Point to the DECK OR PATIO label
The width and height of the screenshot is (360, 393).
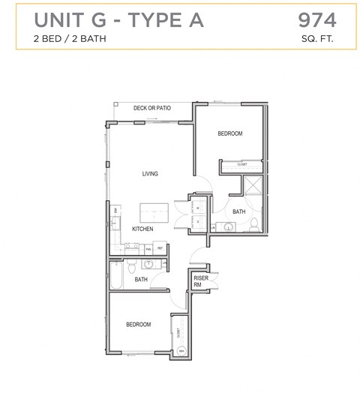pyautogui.click(x=152, y=108)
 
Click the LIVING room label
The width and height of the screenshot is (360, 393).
pyautogui.click(x=150, y=174)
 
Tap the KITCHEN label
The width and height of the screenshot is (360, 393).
pyautogui.click(x=142, y=229)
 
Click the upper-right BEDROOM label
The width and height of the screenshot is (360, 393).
pyautogui.click(x=229, y=133)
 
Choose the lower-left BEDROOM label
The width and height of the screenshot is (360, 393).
pyautogui.click(x=138, y=325)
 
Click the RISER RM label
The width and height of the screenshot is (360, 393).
pyautogui.click(x=199, y=281)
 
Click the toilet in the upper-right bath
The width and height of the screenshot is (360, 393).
pyautogui.click(x=253, y=224)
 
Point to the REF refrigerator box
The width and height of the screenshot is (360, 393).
pyautogui.click(x=160, y=247)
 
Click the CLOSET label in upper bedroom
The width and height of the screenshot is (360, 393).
pyautogui.click(x=242, y=163)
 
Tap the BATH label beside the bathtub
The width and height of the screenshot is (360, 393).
pyautogui.click(x=141, y=280)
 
